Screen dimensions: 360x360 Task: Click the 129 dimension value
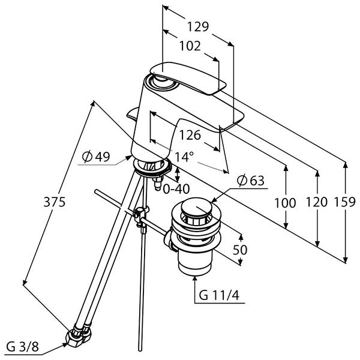[198, 26]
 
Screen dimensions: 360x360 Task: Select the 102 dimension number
[190, 46]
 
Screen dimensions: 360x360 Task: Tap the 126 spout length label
[190, 135]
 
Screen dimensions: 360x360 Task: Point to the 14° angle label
[184, 157]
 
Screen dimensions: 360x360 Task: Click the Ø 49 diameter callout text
[96, 157]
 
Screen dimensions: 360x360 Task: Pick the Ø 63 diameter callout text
[251, 181]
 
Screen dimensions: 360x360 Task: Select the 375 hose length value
[55, 202]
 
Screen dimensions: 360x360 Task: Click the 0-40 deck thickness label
[176, 189]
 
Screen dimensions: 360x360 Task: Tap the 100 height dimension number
[285, 203]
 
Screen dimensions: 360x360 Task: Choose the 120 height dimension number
[317, 202]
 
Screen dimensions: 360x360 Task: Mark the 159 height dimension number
[345, 202]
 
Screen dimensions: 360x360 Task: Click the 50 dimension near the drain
[240, 250]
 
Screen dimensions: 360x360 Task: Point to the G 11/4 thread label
[219, 295]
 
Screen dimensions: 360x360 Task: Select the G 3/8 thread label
[22, 347]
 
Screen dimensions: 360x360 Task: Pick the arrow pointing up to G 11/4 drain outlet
[195, 289]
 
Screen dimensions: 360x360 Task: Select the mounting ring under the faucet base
[152, 167]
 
